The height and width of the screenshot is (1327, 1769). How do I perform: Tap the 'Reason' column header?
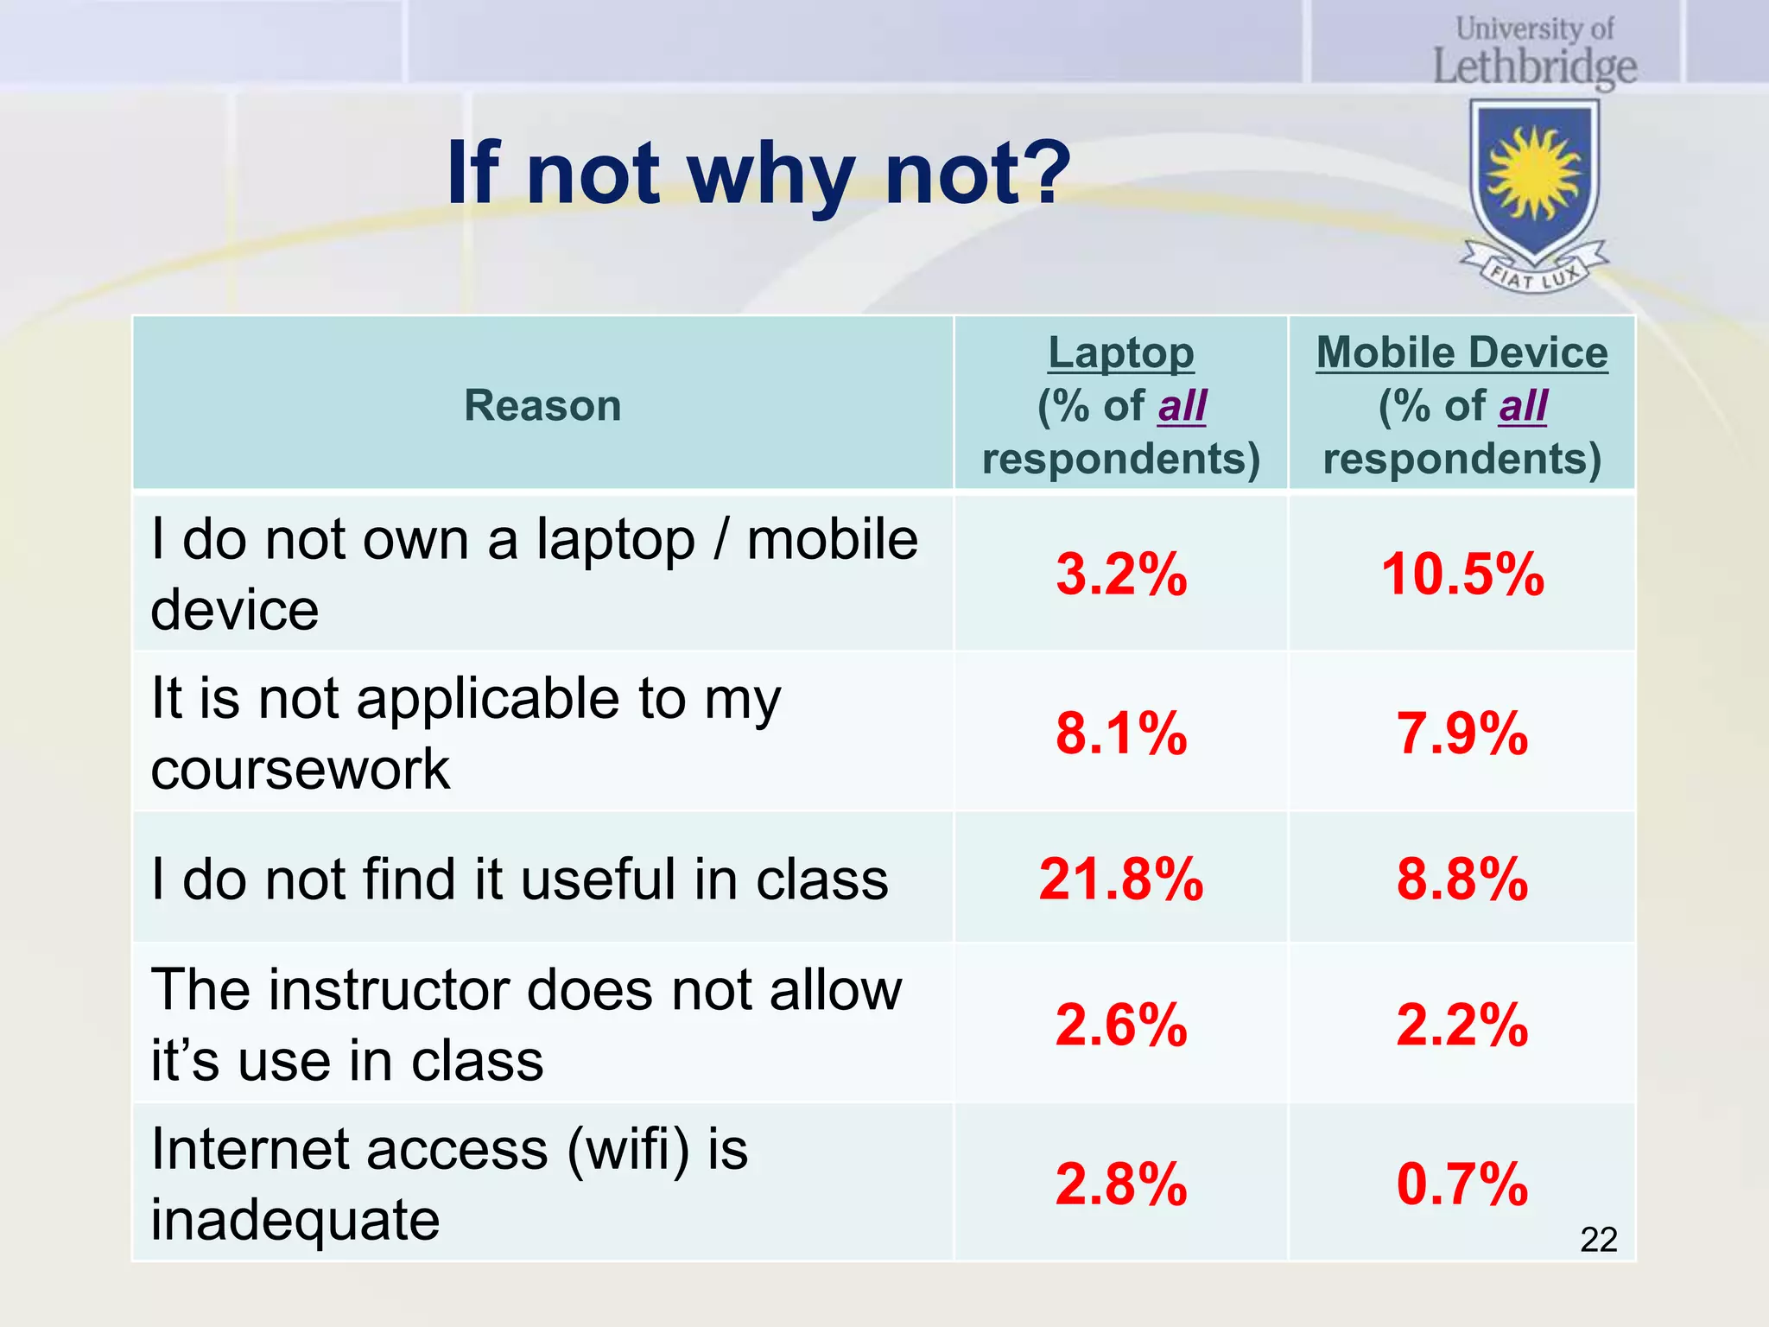(542, 405)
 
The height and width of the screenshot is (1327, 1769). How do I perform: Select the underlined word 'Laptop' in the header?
(1121, 353)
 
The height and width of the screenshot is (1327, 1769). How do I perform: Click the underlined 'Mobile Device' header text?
(1461, 353)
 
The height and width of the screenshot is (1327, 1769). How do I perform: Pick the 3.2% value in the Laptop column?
(1121, 575)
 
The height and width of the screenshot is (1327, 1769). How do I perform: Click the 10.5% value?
(1461, 575)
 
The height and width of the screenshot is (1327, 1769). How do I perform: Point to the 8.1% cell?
(1121, 733)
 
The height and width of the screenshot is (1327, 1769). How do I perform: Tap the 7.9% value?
(1461, 733)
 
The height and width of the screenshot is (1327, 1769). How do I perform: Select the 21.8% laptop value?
(1121, 879)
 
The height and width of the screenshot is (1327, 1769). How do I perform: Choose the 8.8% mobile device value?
(1461, 879)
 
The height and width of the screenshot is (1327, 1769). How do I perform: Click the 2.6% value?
(1121, 1025)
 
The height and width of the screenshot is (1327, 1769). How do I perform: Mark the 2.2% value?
(1461, 1025)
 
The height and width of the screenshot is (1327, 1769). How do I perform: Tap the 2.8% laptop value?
(1121, 1184)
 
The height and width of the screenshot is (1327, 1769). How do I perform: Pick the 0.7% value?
(1461, 1184)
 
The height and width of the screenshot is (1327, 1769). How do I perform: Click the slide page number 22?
(1598, 1240)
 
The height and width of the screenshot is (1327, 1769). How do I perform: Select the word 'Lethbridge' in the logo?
(1535, 67)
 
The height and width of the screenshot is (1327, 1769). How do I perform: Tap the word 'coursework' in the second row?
(300, 769)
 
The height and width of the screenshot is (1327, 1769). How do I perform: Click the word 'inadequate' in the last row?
(295, 1220)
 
